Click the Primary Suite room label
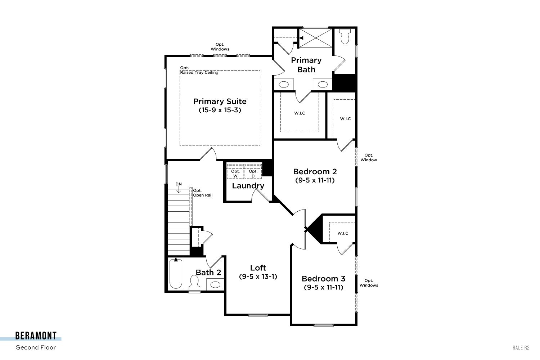(220, 101)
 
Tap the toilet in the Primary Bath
(345, 36)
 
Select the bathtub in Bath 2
(176, 274)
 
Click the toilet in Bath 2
(194, 283)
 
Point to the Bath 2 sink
(215, 284)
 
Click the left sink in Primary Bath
(284, 84)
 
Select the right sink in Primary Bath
(322, 84)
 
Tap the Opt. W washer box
(235, 171)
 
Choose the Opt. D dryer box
(253, 171)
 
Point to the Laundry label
(248, 186)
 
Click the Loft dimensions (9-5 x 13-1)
(258, 276)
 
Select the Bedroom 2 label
(315, 171)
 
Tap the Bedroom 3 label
(324, 279)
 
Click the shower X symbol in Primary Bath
(316, 38)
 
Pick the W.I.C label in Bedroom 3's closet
(343, 233)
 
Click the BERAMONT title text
(36, 336)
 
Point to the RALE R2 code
(521, 348)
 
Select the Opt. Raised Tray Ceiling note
(199, 70)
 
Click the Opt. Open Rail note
(202, 193)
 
